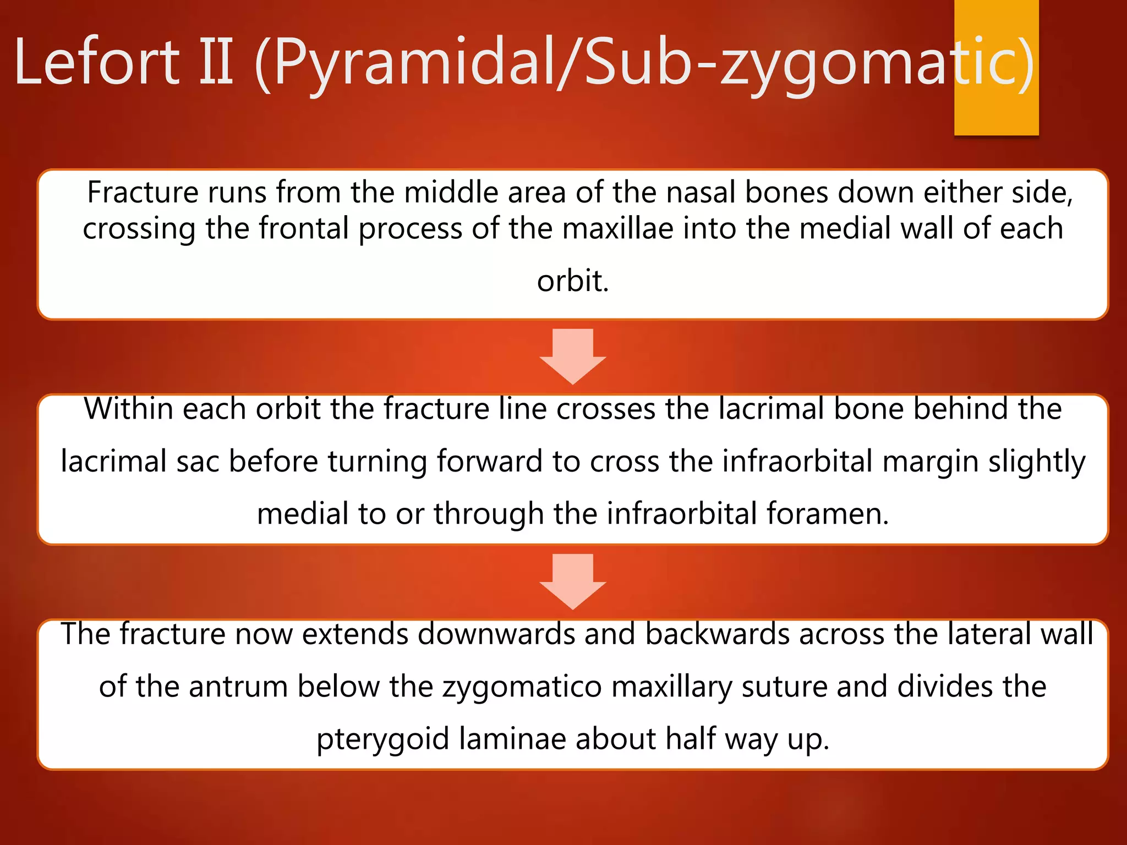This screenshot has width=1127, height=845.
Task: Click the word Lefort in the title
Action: coord(97,62)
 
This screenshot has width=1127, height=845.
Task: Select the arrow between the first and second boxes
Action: coord(572,356)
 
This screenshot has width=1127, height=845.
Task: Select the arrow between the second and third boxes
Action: coord(572,581)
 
